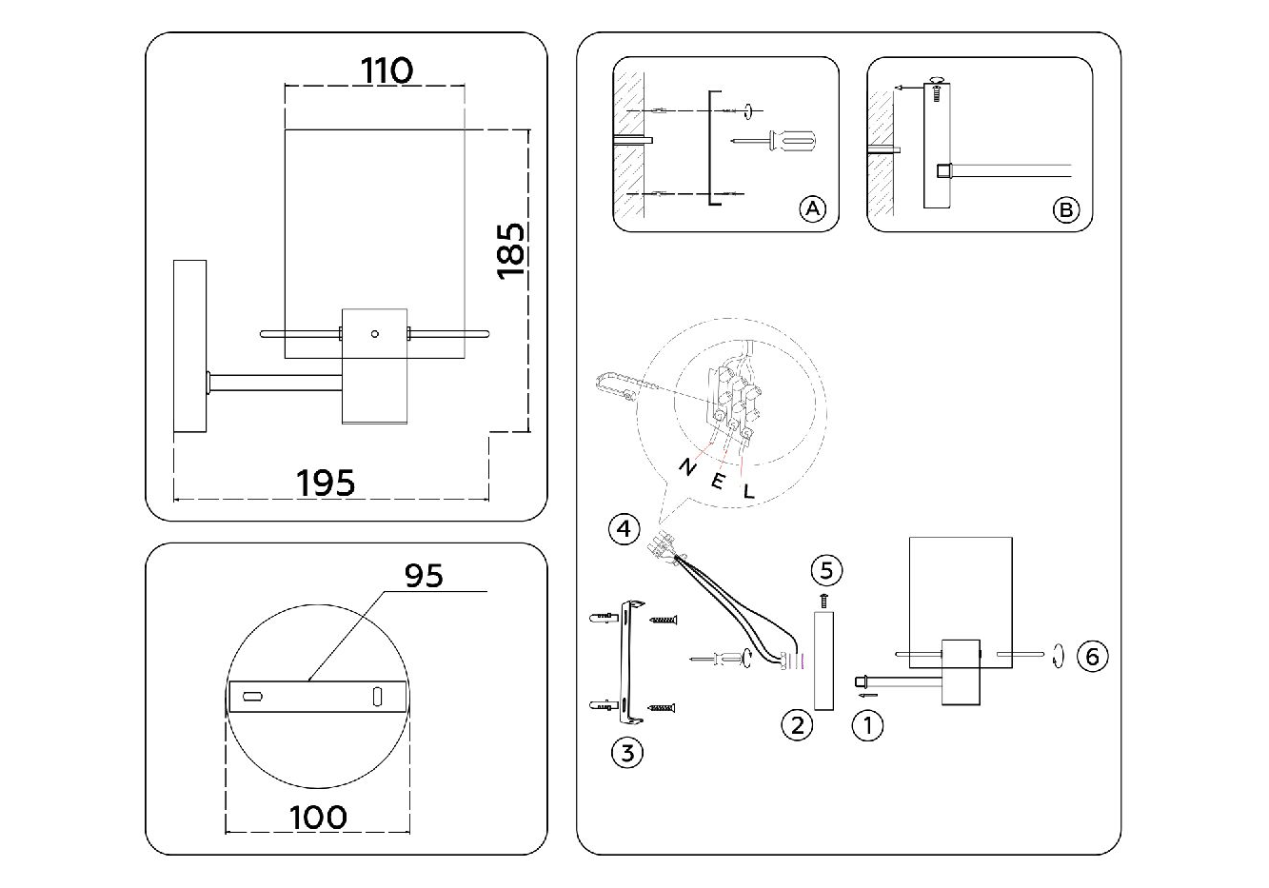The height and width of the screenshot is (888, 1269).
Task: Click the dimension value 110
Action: pos(387,70)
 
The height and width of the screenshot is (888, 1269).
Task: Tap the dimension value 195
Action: pos(326,483)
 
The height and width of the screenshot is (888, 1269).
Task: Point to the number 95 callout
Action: pos(424,576)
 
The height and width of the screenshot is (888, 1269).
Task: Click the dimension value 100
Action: pos(318,817)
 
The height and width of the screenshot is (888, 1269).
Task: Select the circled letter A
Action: pos(811,208)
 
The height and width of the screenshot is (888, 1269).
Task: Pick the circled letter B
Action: pos(1065,209)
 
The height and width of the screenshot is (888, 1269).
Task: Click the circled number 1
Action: pos(867,726)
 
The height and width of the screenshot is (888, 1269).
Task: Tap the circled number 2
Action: pos(797,725)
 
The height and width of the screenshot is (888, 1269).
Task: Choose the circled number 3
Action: pos(626,753)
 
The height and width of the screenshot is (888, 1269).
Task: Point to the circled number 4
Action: pos(624,528)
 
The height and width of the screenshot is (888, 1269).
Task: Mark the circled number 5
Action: pos(825,570)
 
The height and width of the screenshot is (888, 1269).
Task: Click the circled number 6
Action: pos(1092,656)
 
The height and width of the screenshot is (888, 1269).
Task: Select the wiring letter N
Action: pos(685,466)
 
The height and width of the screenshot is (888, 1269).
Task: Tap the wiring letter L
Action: pos(749,492)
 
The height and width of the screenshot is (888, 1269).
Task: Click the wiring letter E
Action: pos(718,481)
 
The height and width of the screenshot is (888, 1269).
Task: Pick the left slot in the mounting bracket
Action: pos(253,698)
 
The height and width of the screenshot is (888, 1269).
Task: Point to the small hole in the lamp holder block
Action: pos(374,333)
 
